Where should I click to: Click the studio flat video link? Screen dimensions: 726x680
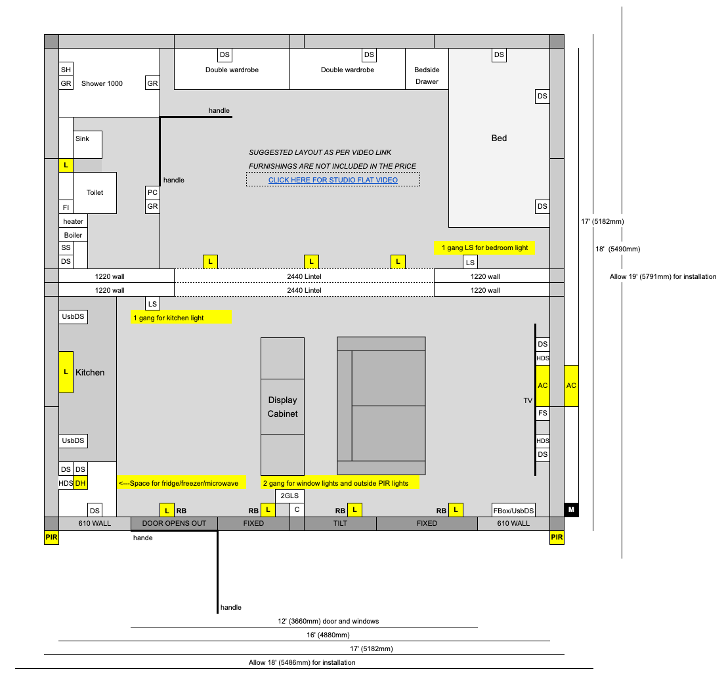tap(333, 180)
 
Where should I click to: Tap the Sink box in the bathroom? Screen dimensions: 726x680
tap(87, 144)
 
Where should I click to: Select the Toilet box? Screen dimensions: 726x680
tap(95, 192)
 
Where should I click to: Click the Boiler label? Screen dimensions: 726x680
tap(73, 235)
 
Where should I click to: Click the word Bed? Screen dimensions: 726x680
tap(499, 138)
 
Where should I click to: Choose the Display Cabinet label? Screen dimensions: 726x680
tap(282, 406)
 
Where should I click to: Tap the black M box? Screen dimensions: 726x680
tap(571, 509)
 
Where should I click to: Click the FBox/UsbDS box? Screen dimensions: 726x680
tap(513, 510)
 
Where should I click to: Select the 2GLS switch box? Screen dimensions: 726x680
tap(290, 496)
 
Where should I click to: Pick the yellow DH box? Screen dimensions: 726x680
tap(81, 483)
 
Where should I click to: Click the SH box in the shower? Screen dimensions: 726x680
tap(66, 70)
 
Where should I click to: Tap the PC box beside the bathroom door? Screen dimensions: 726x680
tap(152, 192)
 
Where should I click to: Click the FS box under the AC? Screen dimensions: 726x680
tap(543, 414)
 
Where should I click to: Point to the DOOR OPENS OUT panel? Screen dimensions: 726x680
tap(174, 524)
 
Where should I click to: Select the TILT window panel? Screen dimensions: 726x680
tap(340, 524)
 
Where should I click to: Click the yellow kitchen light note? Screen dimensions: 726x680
tap(181, 318)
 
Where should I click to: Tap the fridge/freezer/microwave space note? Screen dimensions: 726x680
tap(181, 483)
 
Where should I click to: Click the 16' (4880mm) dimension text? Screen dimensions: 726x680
tap(328, 635)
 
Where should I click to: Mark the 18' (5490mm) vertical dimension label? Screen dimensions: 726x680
tap(618, 249)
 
